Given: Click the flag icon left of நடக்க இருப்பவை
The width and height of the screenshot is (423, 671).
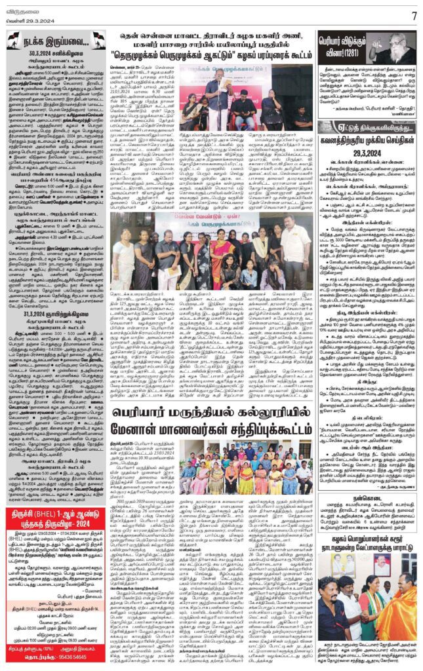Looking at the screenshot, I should [x=14, y=39].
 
